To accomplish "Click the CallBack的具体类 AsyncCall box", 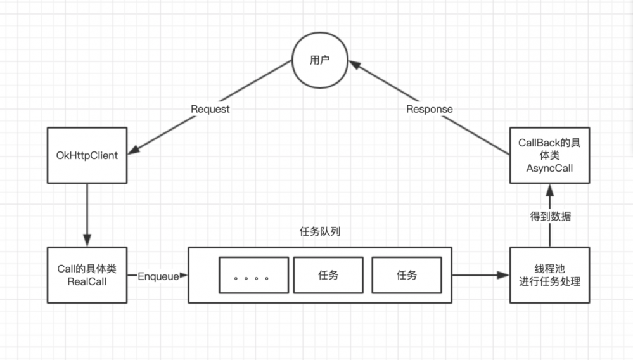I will coord(549,155).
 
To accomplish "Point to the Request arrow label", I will coord(210,109).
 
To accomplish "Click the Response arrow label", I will coord(429,109).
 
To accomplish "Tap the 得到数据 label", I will coord(549,215).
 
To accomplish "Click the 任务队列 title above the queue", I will coord(319,232).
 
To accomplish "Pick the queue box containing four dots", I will coord(253,275).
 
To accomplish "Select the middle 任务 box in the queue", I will coord(328,275).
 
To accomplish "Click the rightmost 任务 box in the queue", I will coord(406,275).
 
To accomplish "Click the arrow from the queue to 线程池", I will coord(480,275).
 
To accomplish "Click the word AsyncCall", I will coord(549,168).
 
